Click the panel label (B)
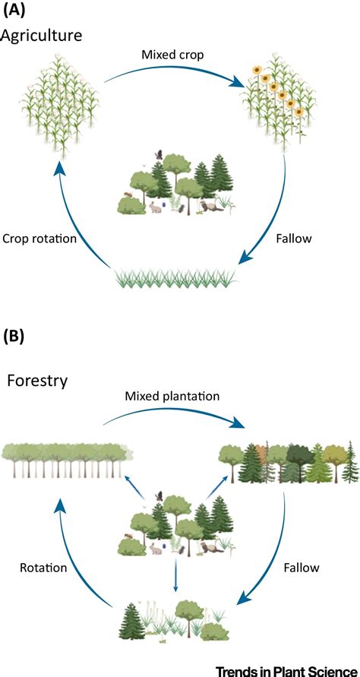[14, 335]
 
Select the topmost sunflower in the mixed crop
[258, 71]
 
